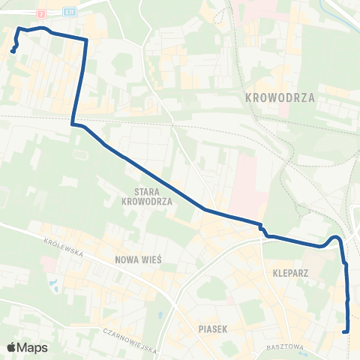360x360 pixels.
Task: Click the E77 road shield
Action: click(x=70, y=13)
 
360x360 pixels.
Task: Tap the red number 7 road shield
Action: click(x=40, y=13)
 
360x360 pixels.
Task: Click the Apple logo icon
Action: click(x=12, y=347)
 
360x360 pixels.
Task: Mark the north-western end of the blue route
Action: click(x=13, y=51)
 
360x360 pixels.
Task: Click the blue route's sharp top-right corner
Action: click(x=85, y=39)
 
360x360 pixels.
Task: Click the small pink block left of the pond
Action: click(x=46, y=265)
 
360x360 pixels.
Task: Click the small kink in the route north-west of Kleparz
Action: click(x=262, y=229)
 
